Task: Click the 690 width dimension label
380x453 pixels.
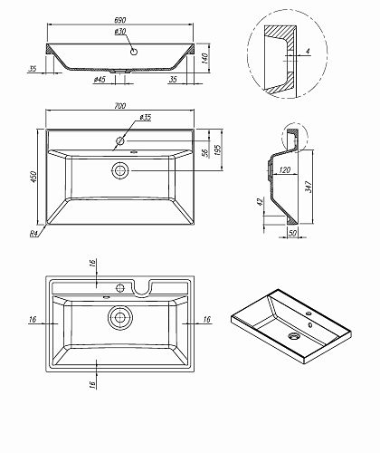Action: pyautogui.click(x=120, y=20)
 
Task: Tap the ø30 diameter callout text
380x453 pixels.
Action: pyautogui.click(x=120, y=31)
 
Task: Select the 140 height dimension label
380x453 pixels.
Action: pyautogui.click(x=204, y=58)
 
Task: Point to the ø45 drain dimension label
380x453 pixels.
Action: pyautogui.click(x=100, y=80)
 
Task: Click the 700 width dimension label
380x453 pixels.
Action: pyautogui.click(x=120, y=106)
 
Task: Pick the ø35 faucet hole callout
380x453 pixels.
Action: pyautogui.click(x=146, y=117)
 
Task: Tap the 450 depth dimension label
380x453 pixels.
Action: pyautogui.click(x=33, y=177)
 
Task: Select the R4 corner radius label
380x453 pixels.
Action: pyautogui.click(x=33, y=234)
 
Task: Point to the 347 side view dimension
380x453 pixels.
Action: pyautogui.click(x=308, y=188)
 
